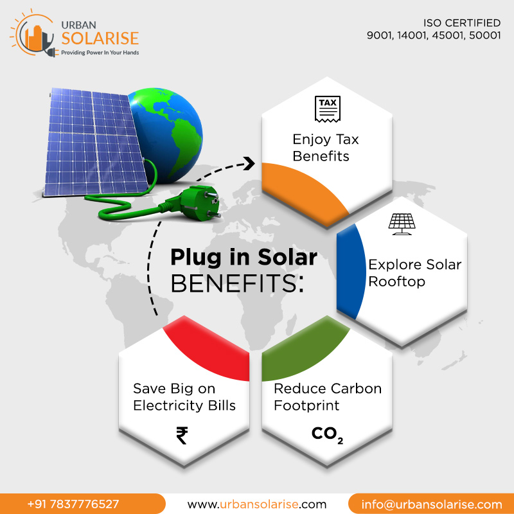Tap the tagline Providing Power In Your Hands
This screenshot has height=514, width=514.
[x=100, y=52]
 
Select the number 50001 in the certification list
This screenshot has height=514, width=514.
[x=483, y=36]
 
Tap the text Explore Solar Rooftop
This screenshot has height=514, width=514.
[x=414, y=273]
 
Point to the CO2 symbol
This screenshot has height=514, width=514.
[x=327, y=435]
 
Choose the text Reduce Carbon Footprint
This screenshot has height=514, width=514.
[x=327, y=397]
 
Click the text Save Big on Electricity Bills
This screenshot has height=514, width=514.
[x=184, y=397]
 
